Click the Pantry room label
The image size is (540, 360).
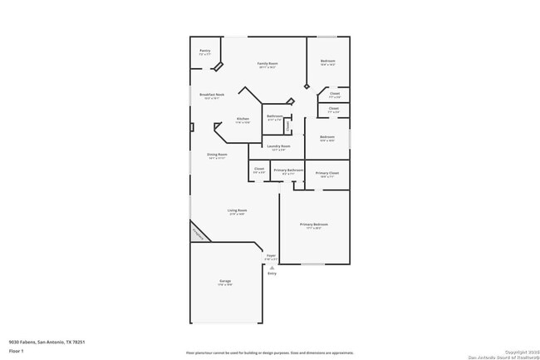[x=204, y=51]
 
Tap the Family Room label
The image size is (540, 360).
[x=268, y=63]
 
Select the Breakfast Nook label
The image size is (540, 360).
[x=212, y=95]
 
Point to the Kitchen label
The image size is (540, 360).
[x=243, y=119]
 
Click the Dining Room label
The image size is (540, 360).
[x=217, y=154]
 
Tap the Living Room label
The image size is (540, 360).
[x=238, y=210]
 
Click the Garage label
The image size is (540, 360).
[x=225, y=281]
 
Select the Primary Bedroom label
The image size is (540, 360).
[x=314, y=224]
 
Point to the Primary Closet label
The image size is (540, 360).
[x=327, y=173]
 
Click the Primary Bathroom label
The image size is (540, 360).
[x=288, y=170]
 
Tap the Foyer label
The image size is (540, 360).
[x=271, y=255]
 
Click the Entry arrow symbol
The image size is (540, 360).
[x=272, y=268]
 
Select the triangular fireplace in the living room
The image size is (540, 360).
[x=198, y=233]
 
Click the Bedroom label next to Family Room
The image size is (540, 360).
[x=328, y=61]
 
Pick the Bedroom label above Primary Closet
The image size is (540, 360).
[x=327, y=136]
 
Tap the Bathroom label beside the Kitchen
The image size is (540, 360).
[x=274, y=116]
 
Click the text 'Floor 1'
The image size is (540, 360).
[x=16, y=351]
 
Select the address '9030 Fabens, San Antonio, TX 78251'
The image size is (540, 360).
[x=47, y=341]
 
